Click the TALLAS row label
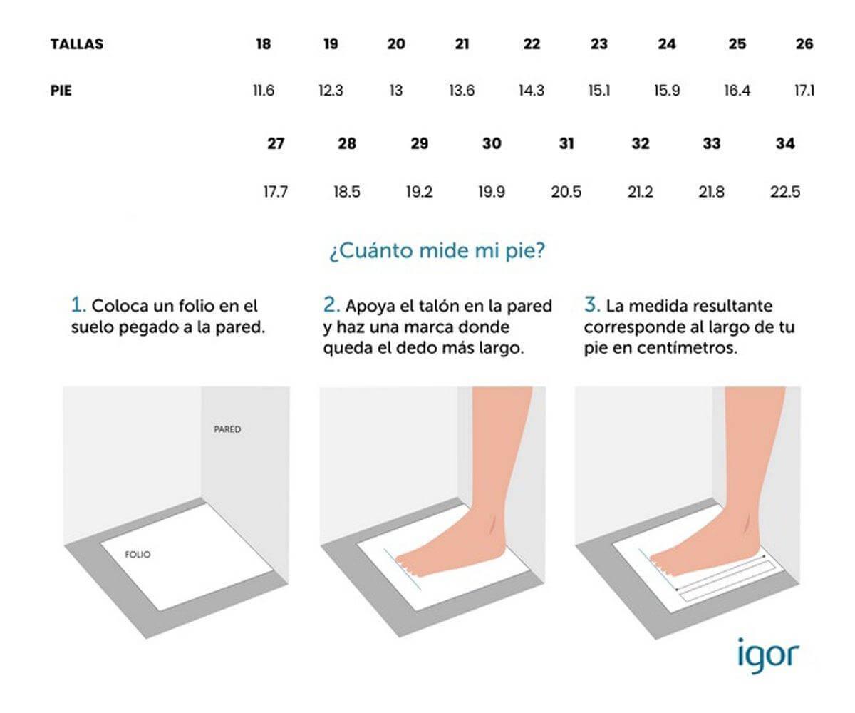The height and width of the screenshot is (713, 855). pyautogui.click(x=77, y=44)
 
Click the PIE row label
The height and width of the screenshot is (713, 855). pyautogui.click(x=61, y=91)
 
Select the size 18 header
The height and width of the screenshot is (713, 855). pyautogui.click(x=263, y=44)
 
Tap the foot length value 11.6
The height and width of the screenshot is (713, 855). pyautogui.click(x=264, y=91)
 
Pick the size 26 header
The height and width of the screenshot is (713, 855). pyautogui.click(x=804, y=44)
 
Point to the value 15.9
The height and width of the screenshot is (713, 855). pyautogui.click(x=666, y=91)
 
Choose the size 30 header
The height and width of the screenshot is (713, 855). pyautogui.click(x=492, y=143)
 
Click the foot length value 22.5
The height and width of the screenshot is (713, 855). pyautogui.click(x=785, y=192)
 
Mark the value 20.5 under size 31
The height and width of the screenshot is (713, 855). pyautogui.click(x=566, y=192)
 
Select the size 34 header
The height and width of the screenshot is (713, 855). pyautogui.click(x=785, y=143)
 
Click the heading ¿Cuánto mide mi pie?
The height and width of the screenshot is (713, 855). pyautogui.click(x=437, y=252)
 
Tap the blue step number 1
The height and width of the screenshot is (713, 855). pyautogui.click(x=78, y=306)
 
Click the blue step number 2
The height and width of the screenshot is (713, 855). pyautogui.click(x=331, y=306)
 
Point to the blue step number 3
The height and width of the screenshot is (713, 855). pyautogui.click(x=591, y=306)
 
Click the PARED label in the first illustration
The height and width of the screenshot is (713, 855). pyautogui.click(x=227, y=430)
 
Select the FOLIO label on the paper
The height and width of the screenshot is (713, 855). pyautogui.click(x=138, y=554)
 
